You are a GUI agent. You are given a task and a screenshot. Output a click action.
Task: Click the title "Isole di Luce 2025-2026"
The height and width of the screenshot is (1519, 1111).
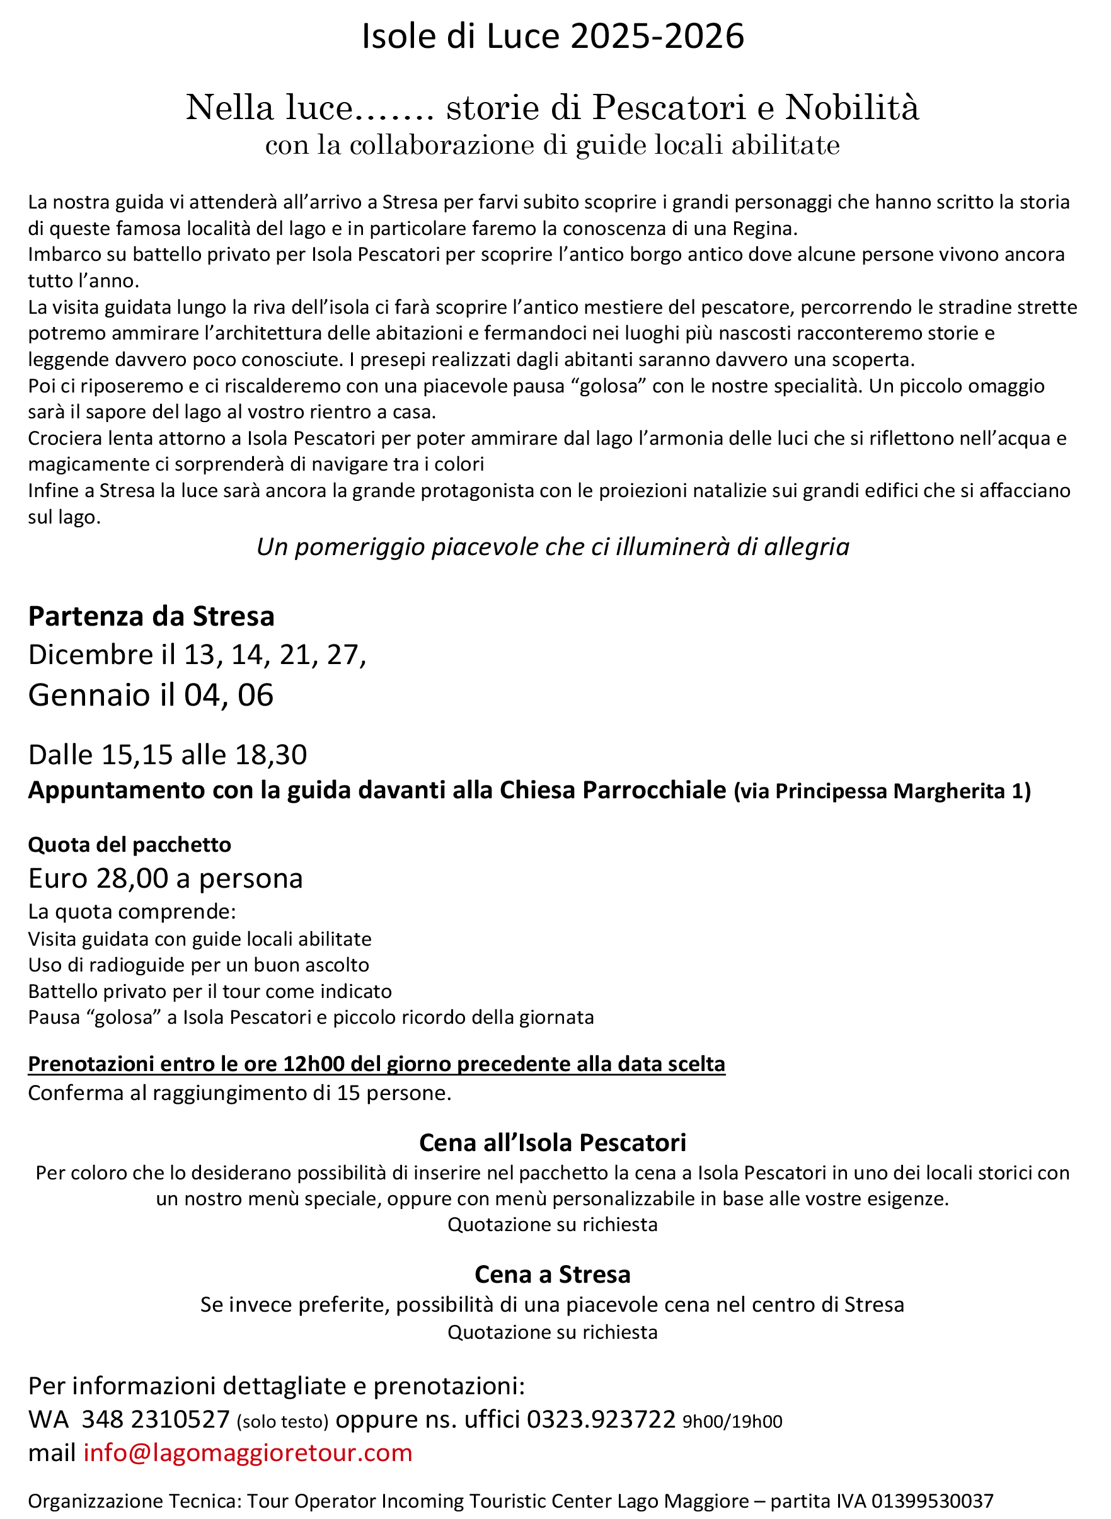[553, 37]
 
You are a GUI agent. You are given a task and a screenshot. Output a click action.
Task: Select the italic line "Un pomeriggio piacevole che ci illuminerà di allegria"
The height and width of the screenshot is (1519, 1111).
[553, 547]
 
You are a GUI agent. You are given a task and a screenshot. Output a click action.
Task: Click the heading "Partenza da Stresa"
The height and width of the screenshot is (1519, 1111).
[151, 616]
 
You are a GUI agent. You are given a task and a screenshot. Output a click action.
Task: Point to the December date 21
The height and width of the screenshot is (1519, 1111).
[294, 655]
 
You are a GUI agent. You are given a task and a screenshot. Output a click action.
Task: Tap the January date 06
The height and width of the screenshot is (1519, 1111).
[256, 695]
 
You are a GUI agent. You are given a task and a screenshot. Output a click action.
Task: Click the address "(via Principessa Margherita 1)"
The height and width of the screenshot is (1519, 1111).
[882, 791]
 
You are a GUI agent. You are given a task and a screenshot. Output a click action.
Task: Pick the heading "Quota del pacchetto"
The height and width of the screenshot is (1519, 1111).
[130, 845]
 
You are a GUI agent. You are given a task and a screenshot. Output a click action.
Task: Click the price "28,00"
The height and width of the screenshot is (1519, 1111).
[132, 878]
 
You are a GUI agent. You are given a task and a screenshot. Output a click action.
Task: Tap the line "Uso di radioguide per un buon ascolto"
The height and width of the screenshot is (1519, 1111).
[199, 965]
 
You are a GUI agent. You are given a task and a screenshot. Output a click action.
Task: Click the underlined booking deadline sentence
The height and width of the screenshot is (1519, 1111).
[377, 1063]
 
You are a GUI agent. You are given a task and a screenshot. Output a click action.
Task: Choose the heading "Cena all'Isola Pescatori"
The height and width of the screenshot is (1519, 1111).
[553, 1142]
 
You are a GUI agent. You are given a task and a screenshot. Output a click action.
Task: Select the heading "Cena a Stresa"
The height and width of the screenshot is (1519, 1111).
[553, 1275]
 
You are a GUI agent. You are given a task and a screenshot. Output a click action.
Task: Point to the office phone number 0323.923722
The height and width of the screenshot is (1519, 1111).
[601, 1419]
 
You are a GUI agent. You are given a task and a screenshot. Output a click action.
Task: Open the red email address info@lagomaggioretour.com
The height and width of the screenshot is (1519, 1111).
[248, 1453]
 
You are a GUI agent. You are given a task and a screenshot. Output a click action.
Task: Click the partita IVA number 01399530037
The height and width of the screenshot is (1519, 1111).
[932, 1501]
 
